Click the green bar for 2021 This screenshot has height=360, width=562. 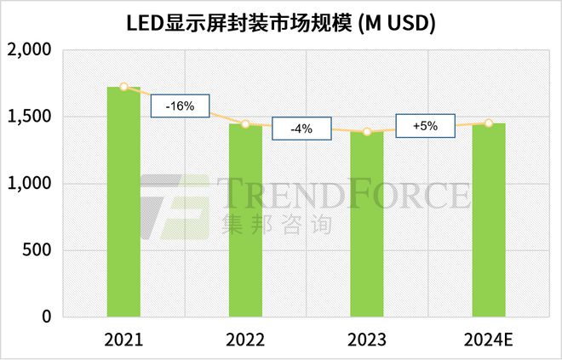click(123, 202)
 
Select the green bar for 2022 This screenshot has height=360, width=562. click(245, 220)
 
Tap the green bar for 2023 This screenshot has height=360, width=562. click(367, 225)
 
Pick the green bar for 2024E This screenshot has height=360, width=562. click(489, 220)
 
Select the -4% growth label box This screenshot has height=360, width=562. click(301, 129)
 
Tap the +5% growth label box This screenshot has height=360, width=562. click(424, 125)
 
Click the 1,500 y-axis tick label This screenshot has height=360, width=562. click(32, 117)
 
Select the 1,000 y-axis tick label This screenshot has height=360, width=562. click(32, 184)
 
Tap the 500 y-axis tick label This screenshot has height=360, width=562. click(38, 250)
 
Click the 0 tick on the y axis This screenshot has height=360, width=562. click(47, 317)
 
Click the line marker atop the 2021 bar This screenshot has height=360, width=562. click(123, 87)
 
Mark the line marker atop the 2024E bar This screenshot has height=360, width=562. click(489, 123)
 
